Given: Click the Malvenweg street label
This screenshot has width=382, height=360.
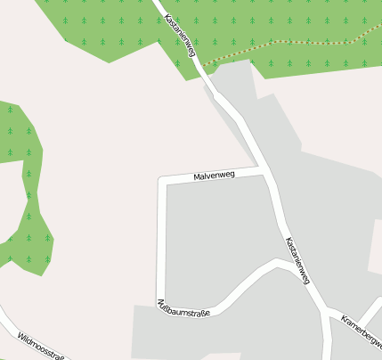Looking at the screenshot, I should [x=214, y=176].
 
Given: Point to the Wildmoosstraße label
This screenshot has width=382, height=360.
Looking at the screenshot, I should [x=41, y=346].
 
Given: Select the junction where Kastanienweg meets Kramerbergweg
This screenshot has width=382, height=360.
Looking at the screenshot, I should [x=325, y=312].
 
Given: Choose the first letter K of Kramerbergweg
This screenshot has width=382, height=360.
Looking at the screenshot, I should [x=344, y=322].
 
